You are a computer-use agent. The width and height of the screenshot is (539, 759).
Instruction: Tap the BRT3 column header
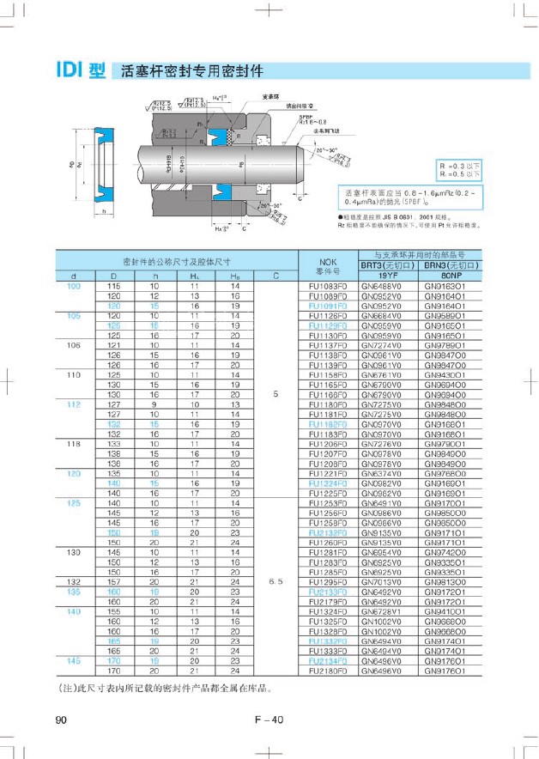383,265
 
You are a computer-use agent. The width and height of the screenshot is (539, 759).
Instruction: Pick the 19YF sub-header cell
383,275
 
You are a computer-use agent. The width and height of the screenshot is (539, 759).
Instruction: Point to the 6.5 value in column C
276,581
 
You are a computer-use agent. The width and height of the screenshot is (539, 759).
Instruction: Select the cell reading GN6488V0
383,285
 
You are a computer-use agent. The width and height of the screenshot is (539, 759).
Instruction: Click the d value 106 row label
74,345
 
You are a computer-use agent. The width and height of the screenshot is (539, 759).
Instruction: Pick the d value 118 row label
74,445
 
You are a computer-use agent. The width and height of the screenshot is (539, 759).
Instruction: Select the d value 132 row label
74,581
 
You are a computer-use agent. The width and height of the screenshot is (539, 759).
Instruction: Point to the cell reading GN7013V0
383,581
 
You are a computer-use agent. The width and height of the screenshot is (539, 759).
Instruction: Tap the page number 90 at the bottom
61,720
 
